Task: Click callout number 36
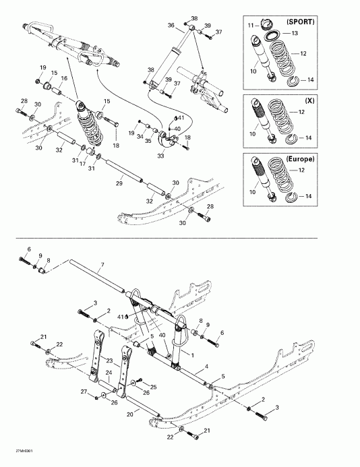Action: coord(171,25)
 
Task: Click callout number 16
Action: coord(65,78)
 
